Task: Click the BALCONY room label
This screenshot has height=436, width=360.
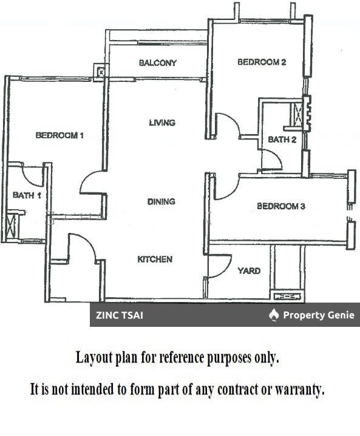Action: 158,62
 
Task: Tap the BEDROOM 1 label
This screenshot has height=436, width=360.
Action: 59,135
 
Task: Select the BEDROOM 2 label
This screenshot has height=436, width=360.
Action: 262,62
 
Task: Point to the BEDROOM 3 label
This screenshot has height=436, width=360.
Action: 281,206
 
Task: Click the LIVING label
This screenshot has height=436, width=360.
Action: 162,122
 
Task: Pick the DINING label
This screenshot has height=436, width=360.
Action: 161,201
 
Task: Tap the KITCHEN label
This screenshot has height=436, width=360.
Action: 155,259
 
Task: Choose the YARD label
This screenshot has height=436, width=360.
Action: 249,270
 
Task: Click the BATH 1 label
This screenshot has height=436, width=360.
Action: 27,195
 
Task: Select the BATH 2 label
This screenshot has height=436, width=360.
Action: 282,139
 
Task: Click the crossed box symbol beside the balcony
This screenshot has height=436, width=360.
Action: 101,73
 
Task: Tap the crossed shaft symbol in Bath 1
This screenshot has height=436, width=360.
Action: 12,226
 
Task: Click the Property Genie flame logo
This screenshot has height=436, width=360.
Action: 274,315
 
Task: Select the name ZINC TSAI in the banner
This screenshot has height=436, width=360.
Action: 120,315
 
